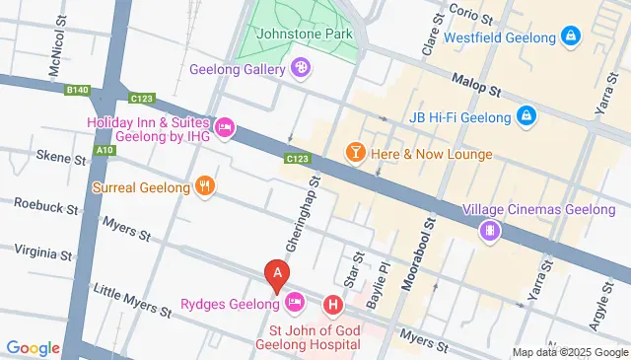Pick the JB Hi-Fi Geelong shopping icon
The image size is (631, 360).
click(x=526, y=116)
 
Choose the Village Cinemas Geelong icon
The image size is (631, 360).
click(x=488, y=231)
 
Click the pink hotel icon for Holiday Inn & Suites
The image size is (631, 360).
click(x=225, y=127)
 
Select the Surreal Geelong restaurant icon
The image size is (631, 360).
click(x=204, y=186)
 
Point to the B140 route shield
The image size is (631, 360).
click(x=77, y=90)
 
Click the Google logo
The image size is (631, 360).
click(x=34, y=347)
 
